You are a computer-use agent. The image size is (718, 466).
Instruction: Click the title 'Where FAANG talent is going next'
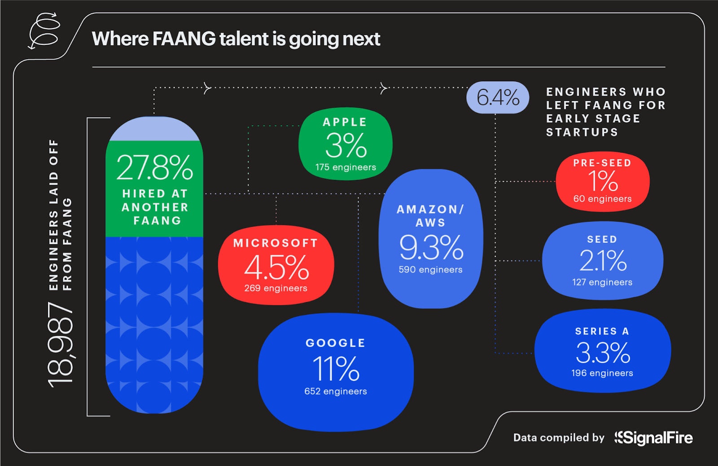click(x=236, y=39)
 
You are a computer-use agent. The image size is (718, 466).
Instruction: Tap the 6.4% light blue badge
click(x=498, y=97)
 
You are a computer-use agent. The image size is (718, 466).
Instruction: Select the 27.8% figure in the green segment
click(x=154, y=167)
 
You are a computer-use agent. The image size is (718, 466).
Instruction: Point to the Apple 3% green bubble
click(x=345, y=144)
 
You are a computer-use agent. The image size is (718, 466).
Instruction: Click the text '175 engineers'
click(x=346, y=167)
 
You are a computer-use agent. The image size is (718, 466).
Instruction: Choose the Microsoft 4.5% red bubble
click(x=276, y=265)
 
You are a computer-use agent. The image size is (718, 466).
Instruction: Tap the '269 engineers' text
click(x=276, y=288)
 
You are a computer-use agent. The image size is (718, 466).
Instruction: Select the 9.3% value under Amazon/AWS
click(x=431, y=247)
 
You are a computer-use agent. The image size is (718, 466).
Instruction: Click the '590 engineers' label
click(x=430, y=270)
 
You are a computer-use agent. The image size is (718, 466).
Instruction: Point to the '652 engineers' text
click(x=336, y=391)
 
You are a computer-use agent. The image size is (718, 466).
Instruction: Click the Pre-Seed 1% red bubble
click(x=603, y=181)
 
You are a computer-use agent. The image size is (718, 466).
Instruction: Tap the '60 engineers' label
click(x=602, y=199)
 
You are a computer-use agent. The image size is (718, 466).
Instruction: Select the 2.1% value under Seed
click(x=602, y=260)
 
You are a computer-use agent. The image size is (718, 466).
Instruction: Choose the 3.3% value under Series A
click(x=603, y=353)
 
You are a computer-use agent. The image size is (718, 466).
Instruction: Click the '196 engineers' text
click(x=602, y=373)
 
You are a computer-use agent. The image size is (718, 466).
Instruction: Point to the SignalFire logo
click(x=654, y=438)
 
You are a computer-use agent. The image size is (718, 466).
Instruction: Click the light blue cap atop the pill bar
click(x=154, y=130)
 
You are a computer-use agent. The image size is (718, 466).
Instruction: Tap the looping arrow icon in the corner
click(x=44, y=31)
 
